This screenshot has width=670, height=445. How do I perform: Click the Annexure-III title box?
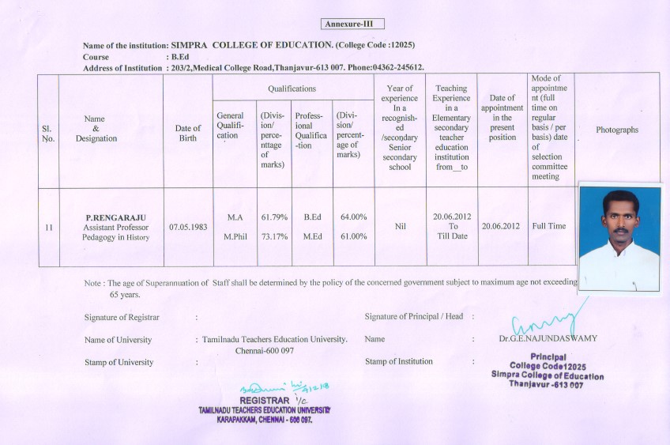point(352,25)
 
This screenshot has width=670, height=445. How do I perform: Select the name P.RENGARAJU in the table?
point(115,217)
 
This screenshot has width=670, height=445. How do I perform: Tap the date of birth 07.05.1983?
point(188,227)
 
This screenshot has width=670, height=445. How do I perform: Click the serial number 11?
point(49,227)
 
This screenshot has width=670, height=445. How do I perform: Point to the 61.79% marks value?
point(274,217)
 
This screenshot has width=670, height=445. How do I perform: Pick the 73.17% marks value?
point(274,236)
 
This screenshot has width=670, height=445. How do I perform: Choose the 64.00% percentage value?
point(353,217)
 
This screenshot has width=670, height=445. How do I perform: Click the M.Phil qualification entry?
point(235,236)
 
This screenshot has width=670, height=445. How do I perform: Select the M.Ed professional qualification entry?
point(311,236)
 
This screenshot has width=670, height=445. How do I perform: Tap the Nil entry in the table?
point(400,226)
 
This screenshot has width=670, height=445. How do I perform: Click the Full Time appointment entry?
point(549,226)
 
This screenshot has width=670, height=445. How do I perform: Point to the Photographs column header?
point(617,130)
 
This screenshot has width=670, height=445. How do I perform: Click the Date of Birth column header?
point(188,134)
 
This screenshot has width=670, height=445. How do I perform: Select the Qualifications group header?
point(292,89)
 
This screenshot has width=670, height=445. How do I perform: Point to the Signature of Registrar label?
point(122,317)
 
